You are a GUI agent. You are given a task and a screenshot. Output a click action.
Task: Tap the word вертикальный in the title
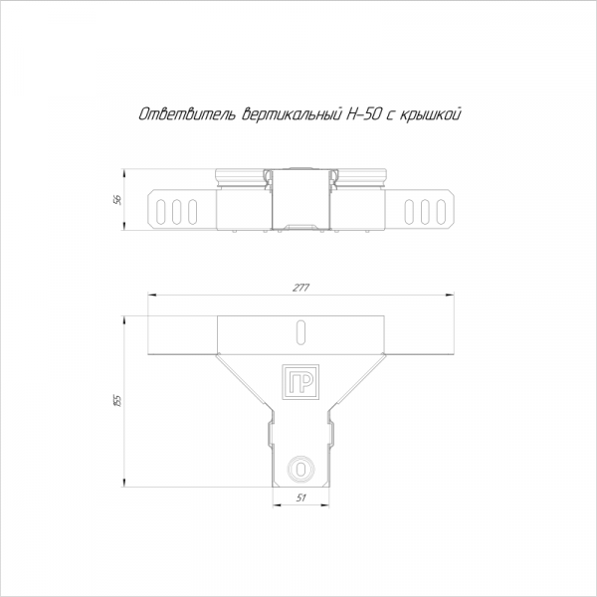(292, 114)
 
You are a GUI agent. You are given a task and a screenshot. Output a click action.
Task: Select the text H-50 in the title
(363, 113)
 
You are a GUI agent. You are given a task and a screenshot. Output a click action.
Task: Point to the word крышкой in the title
(430, 114)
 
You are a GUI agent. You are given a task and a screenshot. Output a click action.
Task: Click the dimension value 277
(300, 288)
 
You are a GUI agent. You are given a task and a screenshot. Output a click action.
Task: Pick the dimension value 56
(118, 200)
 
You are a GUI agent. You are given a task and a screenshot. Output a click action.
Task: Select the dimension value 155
(117, 401)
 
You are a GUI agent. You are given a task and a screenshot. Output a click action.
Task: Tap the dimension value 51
(300, 497)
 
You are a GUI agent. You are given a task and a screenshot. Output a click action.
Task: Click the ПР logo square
(300, 382)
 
